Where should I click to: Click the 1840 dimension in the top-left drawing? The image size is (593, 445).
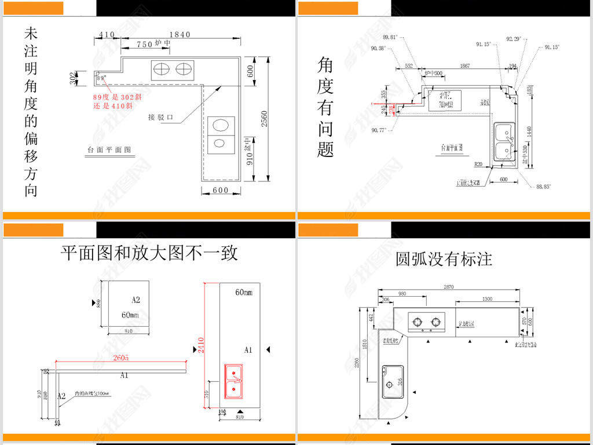click(180, 35)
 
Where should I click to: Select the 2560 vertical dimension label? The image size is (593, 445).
click(264, 118)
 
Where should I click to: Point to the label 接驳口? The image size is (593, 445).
click(161, 117)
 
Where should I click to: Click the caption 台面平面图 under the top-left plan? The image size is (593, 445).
click(109, 149)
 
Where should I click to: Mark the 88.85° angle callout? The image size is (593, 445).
click(543, 187)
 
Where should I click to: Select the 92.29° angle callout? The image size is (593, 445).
click(514, 39)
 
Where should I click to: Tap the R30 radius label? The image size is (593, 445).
click(478, 164)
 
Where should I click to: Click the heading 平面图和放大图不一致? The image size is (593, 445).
click(149, 253)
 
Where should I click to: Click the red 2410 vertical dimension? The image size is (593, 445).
click(200, 346)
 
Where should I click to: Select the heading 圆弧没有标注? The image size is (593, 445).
click(444, 258)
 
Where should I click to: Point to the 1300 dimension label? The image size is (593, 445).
click(486, 298)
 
